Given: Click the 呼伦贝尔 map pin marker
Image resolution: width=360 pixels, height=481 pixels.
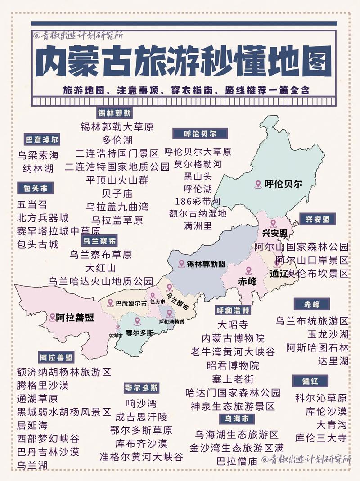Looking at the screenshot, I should pos(258,184).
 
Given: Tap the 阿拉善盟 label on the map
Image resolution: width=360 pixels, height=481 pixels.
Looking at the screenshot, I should pos(75,317).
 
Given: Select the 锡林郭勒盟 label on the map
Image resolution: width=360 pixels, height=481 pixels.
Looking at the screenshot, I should pos(207,264).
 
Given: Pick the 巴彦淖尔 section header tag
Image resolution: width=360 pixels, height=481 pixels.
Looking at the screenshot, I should pos(41,139).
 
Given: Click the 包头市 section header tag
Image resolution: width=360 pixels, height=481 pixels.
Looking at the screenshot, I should pos(33,188).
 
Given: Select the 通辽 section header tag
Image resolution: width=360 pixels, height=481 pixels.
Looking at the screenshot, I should pos(310,381).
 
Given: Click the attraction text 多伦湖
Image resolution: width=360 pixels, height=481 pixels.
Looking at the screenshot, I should pos(117,139).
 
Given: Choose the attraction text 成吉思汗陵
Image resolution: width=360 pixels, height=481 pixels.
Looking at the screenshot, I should pos(141,416).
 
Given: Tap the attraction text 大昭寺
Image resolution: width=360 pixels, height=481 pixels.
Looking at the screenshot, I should pos(233,324).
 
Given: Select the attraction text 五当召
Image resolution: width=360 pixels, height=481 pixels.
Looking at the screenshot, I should pos(32,205).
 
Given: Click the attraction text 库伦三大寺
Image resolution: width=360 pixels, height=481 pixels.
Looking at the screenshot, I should pos(321,438).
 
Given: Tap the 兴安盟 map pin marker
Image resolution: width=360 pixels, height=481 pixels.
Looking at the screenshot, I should pos(273,223).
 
